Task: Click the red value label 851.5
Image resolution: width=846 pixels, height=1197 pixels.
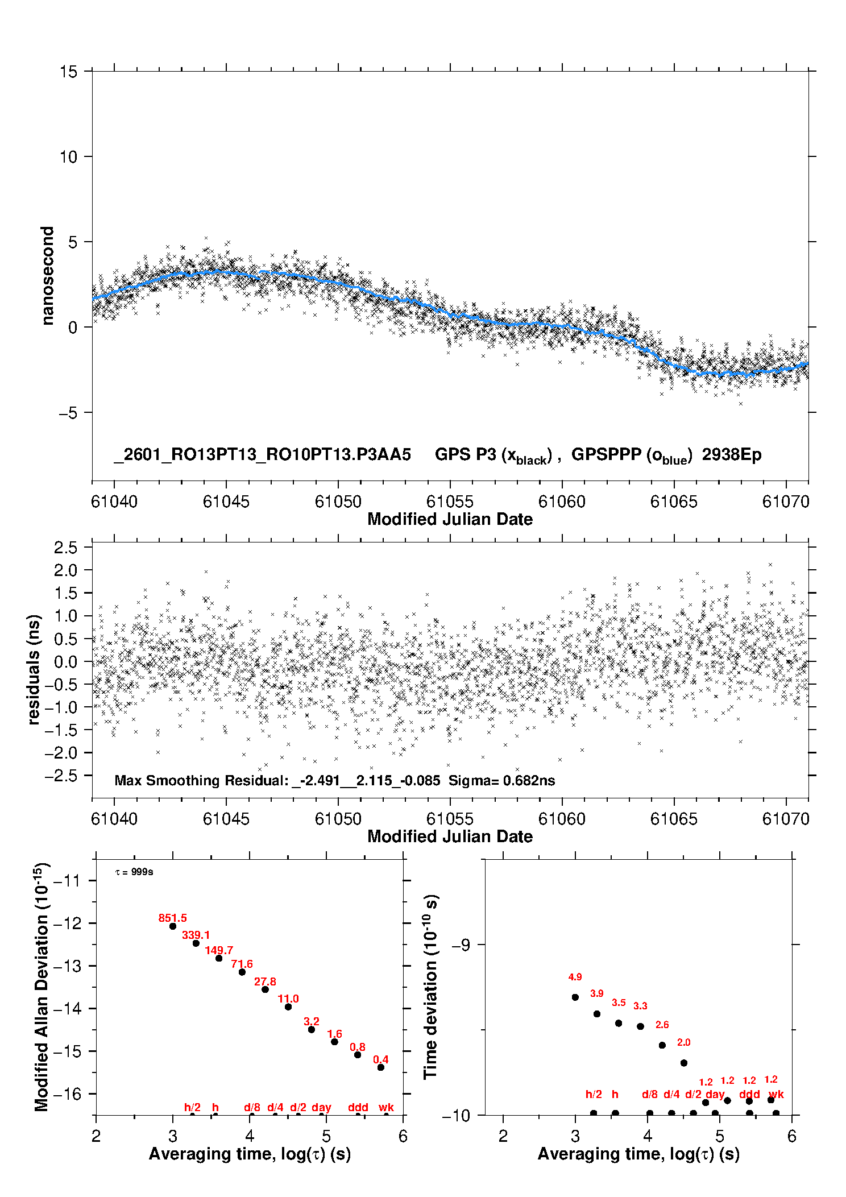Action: [172, 918]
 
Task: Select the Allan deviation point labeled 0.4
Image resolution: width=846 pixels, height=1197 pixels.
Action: [381, 1067]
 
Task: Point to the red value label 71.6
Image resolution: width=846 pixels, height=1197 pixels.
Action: [242, 964]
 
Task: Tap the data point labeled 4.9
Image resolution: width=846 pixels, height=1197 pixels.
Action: [575, 997]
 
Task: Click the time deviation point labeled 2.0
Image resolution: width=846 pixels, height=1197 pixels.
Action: [684, 1063]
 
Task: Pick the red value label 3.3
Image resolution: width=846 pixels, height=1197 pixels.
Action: [640, 1006]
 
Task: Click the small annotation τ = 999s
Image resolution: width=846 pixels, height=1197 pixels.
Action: [134, 872]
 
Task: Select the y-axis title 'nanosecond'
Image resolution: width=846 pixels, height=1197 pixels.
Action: [48, 276]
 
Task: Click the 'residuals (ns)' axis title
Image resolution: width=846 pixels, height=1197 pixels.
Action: [34, 669]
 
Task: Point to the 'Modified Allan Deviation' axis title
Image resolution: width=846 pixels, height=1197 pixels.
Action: [42, 987]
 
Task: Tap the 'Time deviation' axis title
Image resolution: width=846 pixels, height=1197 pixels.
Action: [430, 987]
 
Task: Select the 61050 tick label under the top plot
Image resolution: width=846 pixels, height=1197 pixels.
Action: [338, 502]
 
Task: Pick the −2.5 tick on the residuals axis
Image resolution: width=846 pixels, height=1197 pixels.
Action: [65, 776]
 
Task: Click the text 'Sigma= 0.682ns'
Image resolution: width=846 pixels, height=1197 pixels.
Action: [501, 780]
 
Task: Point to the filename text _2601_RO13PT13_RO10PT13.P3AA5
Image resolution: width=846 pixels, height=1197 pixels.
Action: [262, 454]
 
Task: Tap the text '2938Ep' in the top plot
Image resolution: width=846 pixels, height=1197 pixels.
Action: [731, 454]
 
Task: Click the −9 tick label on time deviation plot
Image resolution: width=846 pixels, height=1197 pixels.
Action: [461, 945]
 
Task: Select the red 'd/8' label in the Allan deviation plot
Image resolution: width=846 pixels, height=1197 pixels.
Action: [252, 1107]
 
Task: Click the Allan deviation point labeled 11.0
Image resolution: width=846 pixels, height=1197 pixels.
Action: [288, 1007]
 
